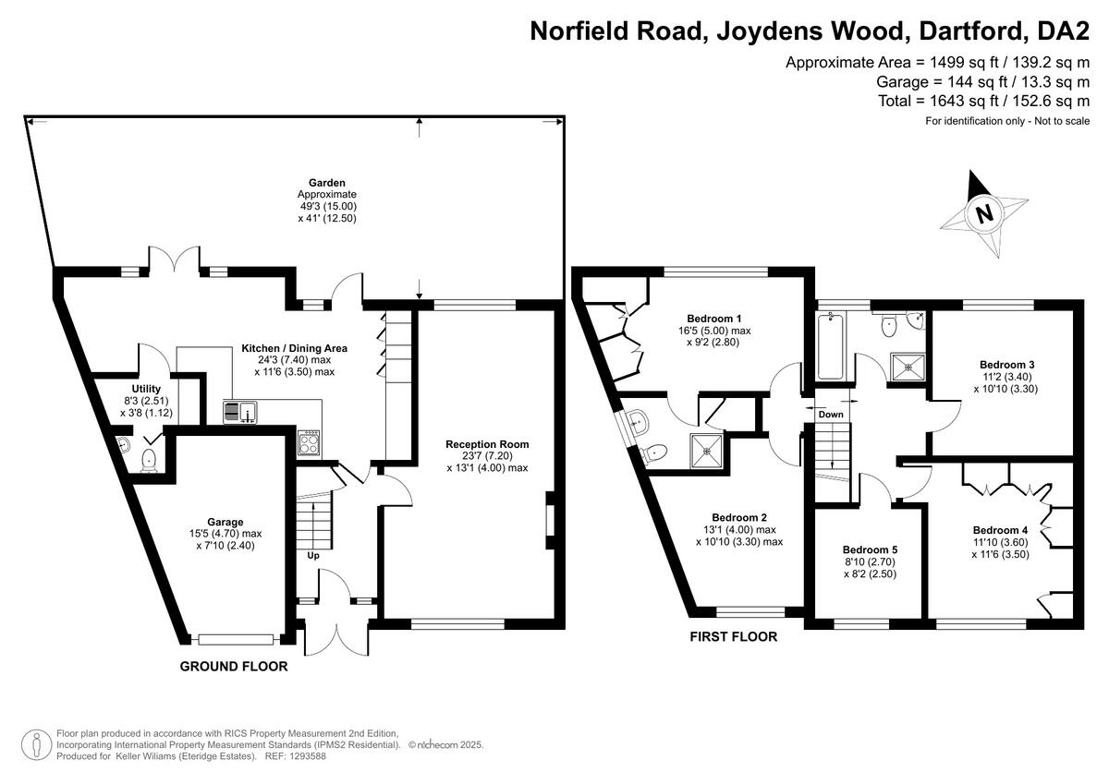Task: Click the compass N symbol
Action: pyautogui.click(x=985, y=214)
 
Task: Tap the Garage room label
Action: pyautogui.click(x=226, y=522)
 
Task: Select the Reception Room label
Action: pyautogui.click(x=487, y=444)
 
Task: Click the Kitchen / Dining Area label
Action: pyautogui.click(x=294, y=348)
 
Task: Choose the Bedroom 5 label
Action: pyautogui.click(x=870, y=549)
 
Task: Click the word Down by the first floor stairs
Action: pyautogui.click(x=831, y=415)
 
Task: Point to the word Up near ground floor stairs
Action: pyautogui.click(x=314, y=556)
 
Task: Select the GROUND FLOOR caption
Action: pyautogui.click(x=233, y=666)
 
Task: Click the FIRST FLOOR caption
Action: pyautogui.click(x=734, y=636)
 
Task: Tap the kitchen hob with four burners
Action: pyautogui.click(x=309, y=442)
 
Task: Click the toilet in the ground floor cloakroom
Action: pyautogui.click(x=148, y=460)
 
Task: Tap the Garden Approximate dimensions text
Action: pyautogui.click(x=326, y=200)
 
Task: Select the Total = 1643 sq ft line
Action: pyautogui.click(x=984, y=102)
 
